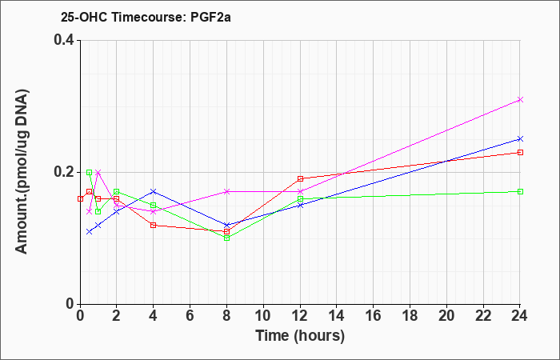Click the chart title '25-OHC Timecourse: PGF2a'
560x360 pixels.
click(130, 16)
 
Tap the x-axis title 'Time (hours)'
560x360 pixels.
click(300, 335)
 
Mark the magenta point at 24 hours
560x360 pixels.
click(520, 99)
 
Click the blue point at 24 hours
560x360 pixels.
click(520, 138)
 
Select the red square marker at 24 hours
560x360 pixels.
click(520, 152)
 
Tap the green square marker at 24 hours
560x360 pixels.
click(520, 191)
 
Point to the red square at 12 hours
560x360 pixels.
click(300, 178)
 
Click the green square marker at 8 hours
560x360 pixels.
click(226, 238)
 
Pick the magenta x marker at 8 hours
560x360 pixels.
click(226, 191)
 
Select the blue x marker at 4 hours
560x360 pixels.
click(154, 191)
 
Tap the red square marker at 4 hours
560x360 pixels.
click(154, 225)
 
